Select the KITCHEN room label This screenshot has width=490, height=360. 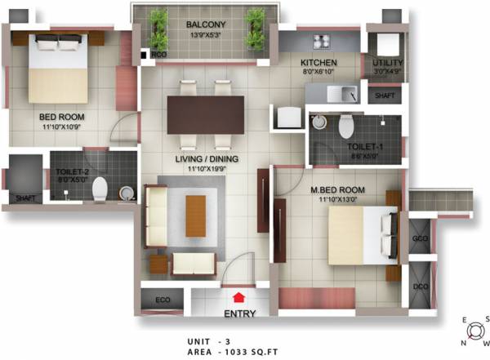319,63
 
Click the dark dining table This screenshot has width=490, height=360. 205,115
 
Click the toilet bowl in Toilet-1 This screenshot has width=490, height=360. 346,125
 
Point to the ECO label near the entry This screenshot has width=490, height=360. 163,300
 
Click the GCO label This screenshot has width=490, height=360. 421,239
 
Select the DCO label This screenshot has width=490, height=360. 421,287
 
